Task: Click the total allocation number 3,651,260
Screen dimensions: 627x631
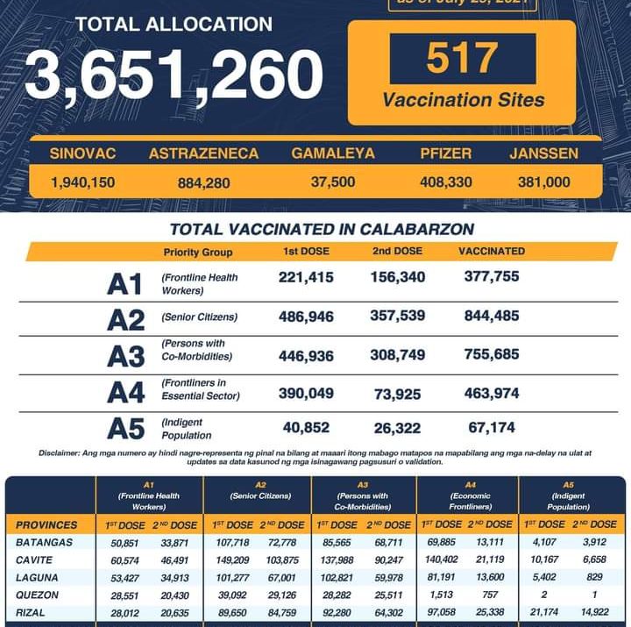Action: pyautogui.click(x=174, y=74)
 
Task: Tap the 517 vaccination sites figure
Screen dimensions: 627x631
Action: pyautogui.click(x=462, y=59)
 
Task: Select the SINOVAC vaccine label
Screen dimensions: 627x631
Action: pyautogui.click(x=82, y=153)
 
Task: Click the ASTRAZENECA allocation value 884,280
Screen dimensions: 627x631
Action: pyautogui.click(x=202, y=182)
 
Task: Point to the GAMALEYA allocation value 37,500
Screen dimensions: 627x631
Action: pyautogui.click(x=333, y=182)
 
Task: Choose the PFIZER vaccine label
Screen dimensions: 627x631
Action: pyautogui.click(x=446, y=153)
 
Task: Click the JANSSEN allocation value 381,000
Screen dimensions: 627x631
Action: pyautogui.click(x=543, y=182)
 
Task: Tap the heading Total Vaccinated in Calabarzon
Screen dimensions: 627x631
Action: pyautogui.click(x=322, y=230)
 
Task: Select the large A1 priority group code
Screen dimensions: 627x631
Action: pyautogui.click(x=124, y=284)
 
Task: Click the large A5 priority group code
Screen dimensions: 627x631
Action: pyautogui.click(x=125, y=429)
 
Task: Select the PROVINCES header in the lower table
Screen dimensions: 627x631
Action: pyautogui.click(x=47, y=525)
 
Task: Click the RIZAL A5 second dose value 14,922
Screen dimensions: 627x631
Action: pyautogui.click(x=593, y=611)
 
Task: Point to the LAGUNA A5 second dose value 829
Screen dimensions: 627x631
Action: pyautogui.click(x=593, y=577)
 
